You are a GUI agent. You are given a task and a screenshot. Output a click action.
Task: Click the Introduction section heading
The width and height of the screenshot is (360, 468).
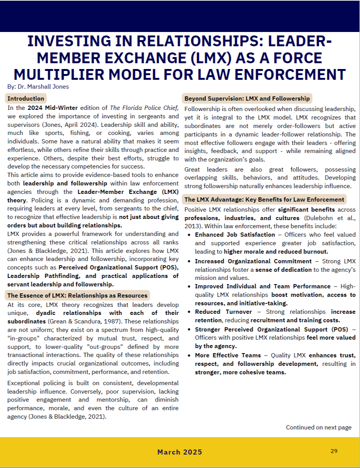click(26, 98)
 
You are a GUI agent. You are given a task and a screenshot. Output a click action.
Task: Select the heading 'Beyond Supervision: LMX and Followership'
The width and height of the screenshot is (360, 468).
click(247, 98)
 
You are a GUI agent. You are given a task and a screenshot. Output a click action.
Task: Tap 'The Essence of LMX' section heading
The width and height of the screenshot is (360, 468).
click(77, 295)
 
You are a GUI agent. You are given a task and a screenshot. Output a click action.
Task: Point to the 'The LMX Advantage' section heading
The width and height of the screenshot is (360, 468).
click(264, 199)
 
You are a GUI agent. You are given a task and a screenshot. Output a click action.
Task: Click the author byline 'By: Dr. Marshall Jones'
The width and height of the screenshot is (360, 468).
click(38, 86)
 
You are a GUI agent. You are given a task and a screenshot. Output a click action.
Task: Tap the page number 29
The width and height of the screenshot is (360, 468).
click(334, 451)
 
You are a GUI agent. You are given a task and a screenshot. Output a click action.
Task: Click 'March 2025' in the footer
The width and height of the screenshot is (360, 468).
click(180, 452)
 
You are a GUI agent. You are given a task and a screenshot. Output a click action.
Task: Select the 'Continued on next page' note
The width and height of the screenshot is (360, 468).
click(318, 427)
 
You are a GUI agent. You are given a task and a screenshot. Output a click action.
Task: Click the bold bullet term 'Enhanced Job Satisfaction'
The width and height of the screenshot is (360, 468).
click(235, 234)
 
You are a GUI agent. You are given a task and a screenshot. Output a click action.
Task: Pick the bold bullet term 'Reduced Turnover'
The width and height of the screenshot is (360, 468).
click(224, 311)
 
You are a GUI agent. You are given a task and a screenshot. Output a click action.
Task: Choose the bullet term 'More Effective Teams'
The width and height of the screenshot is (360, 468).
click(227, 355)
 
